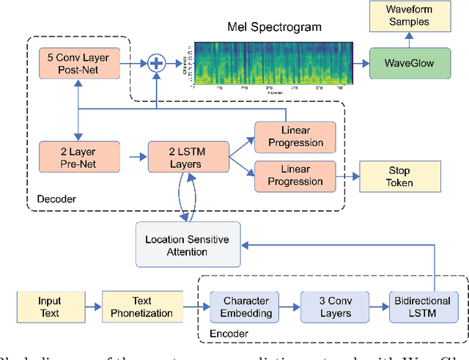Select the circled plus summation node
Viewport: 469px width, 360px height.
tap(155, 65)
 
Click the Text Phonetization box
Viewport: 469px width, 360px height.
tap(141, 306)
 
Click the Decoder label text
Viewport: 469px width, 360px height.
tap(55, 199)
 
